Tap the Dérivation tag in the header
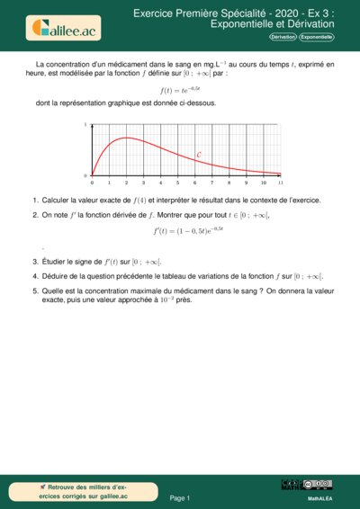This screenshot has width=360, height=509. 283,37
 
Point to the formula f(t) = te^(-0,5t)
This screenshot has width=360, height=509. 180,90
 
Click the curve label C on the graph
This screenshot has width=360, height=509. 199,155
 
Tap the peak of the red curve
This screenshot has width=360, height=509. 126,138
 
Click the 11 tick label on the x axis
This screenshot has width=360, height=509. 281,182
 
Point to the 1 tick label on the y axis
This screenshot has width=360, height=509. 85,125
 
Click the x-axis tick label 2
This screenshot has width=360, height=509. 126,182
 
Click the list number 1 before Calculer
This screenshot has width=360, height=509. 34,200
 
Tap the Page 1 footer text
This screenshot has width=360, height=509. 180,497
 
